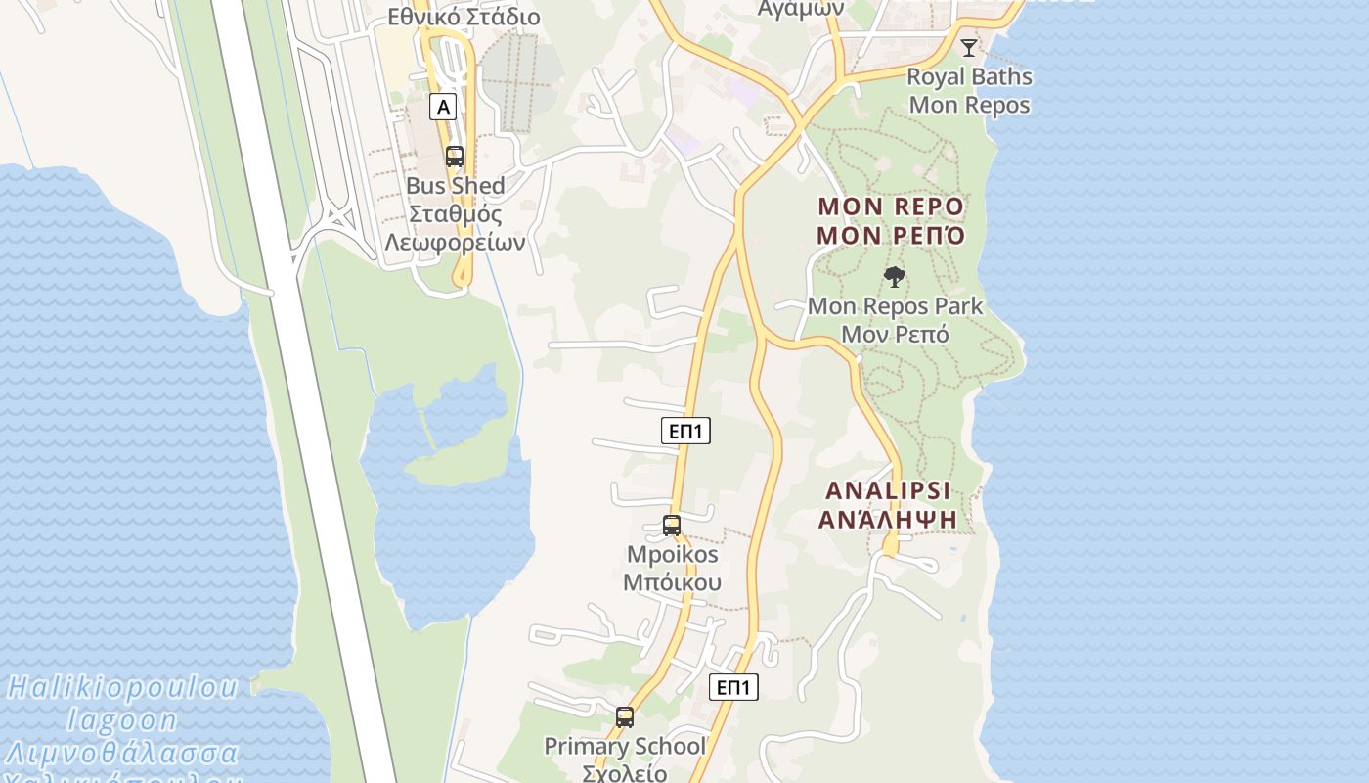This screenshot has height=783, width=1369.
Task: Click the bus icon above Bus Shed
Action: pos(455,156)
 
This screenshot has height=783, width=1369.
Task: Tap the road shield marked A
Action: pos(443,107)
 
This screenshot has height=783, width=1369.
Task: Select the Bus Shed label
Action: pos(456,186)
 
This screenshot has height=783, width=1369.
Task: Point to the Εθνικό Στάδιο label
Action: pos(464,17)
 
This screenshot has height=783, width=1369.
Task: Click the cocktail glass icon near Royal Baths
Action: pos(968,47)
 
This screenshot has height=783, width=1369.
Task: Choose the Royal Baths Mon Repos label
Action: pos(969,90)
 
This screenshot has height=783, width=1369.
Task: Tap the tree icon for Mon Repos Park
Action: pos(894,277)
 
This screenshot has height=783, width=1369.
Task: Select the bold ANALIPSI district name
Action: pos(888,490)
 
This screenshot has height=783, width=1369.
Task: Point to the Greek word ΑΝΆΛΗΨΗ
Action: pos(888,520)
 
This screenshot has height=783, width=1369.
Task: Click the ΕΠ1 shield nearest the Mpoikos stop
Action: pos(685,431)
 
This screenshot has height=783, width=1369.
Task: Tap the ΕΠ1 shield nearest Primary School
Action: pos(733,687)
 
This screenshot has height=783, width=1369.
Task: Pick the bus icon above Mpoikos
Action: pos(672,525)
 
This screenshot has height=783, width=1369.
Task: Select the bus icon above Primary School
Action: pos(625,716)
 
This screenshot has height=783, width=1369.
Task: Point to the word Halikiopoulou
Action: pos(122,688)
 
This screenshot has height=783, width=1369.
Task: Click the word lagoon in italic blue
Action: pos(122,721)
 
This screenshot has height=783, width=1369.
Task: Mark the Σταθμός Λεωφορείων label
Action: pos(456,228)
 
